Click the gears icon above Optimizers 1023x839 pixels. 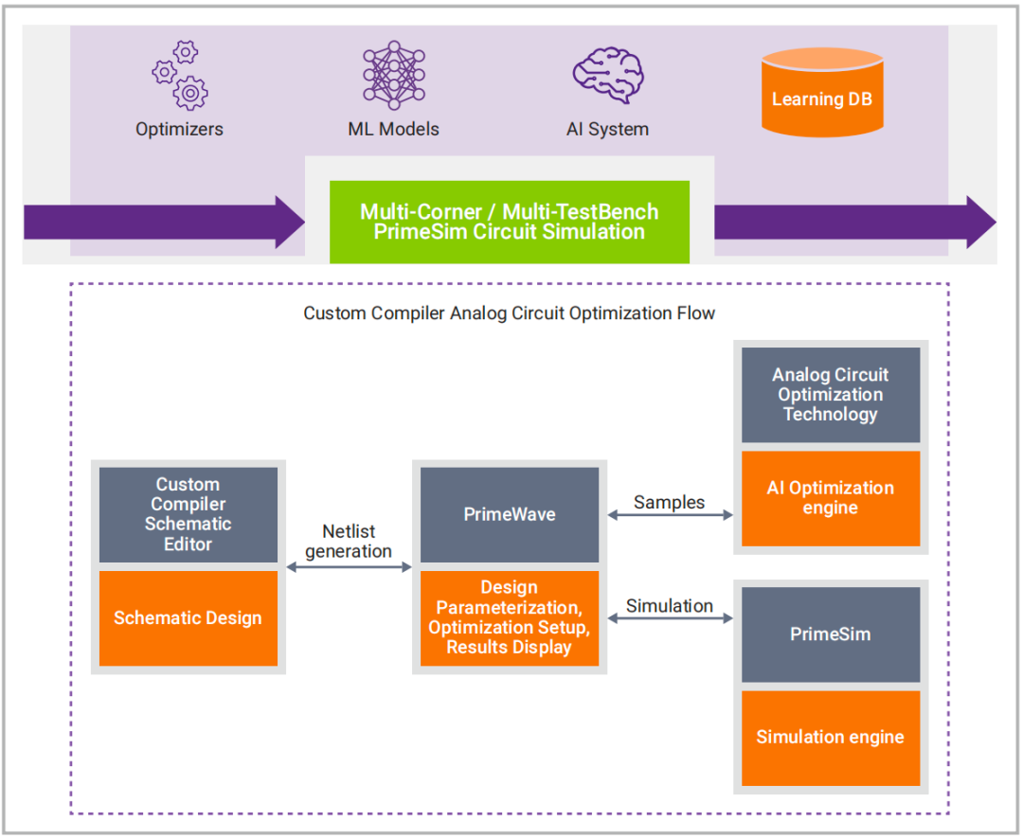point(180,75)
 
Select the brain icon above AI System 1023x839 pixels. point(607,75)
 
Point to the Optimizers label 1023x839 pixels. point(179,129)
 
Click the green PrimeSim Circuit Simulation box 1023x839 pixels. point(509,223)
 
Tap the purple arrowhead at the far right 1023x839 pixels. point(981,223)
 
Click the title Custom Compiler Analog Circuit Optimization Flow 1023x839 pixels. point(510,312)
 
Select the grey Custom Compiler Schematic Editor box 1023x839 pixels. point(188,514)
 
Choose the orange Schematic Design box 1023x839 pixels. point(188,618)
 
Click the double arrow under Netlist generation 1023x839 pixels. point(349,567)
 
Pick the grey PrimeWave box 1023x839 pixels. point(510,514)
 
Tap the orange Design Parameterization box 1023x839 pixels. point(510,618)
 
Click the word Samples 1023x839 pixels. point(670,503)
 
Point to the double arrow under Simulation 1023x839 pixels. point(670,618)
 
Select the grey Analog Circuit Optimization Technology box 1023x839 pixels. point(830,395)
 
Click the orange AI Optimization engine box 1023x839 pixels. point(830,498)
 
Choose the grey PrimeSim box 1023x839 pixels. point(830,634)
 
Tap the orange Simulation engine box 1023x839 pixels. point(830,738)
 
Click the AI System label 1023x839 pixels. point(607,129)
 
